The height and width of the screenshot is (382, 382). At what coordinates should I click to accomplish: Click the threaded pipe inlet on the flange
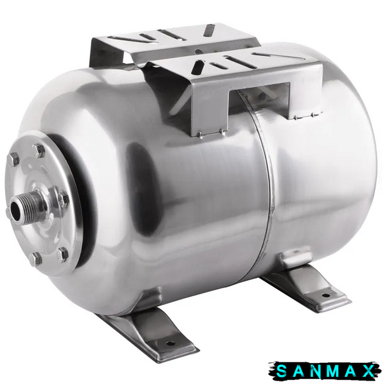tap(28, 206)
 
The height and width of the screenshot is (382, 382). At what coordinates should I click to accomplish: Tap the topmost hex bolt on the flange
tap(38, 150)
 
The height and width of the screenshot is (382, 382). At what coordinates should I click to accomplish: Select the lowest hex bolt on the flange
tap(36, 258)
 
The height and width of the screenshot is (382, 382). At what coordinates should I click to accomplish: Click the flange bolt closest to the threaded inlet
tap(63, 199)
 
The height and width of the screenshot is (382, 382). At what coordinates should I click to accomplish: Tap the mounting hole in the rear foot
tap(326, 295)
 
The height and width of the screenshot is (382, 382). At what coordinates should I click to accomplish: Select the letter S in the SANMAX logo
tap(282, 371)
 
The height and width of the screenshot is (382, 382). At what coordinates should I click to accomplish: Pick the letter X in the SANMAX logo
tap(368, 371)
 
